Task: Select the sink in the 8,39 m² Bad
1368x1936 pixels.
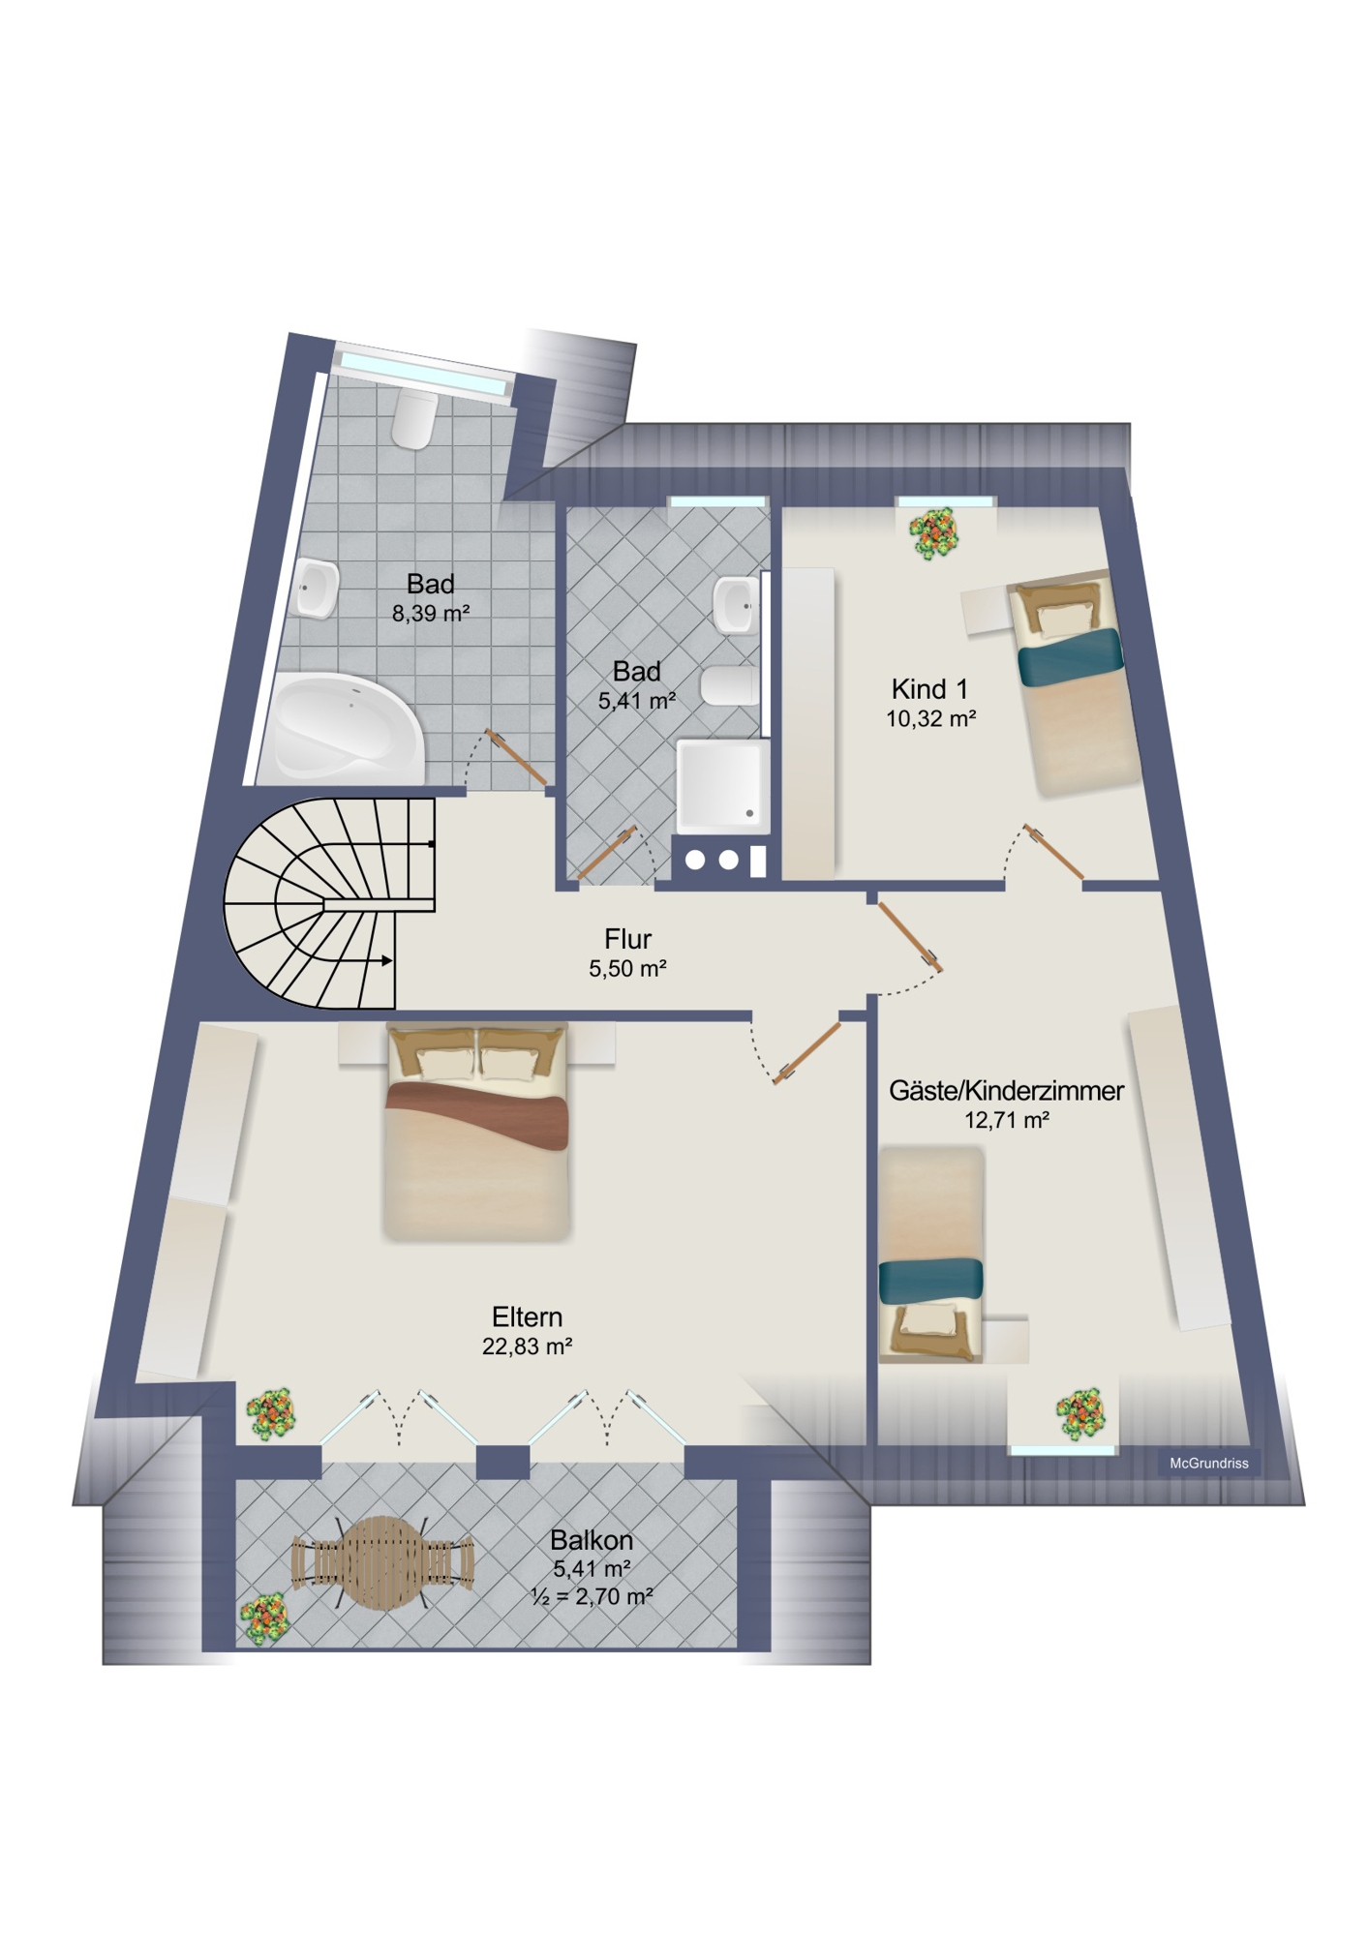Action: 316,588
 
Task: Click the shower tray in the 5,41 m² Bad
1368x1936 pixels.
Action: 722,786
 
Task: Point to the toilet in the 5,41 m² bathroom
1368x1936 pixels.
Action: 730,685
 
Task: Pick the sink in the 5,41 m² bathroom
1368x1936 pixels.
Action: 736,605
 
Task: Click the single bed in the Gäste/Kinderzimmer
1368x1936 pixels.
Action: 930,1255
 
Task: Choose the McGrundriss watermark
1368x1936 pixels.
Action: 1209,1464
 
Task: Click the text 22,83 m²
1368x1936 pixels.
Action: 527,1346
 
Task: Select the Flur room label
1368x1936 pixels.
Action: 627,939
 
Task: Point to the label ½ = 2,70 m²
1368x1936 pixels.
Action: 592,1596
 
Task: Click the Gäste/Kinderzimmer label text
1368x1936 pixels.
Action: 1006,1091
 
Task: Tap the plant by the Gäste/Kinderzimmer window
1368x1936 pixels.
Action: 1079,1414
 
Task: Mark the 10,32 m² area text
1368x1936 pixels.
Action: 930,718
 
